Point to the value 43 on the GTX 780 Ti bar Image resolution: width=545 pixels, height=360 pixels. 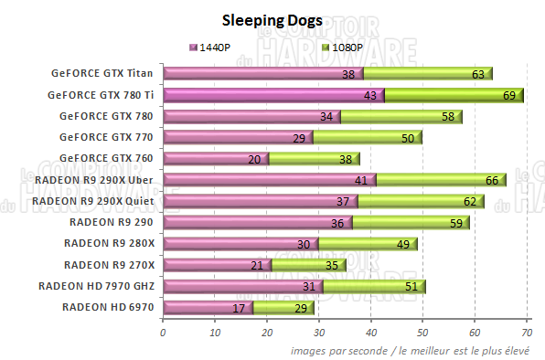pyautogui.click(x=370, y=95)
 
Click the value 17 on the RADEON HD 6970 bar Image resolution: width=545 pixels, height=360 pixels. pyautogui.click(x=238, y=307)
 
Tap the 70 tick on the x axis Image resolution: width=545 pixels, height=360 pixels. pyautogui.click(x=527, y=333)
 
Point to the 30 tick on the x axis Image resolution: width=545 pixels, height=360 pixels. pyautogui.click(x=318, y=333)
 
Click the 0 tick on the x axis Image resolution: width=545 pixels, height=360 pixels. pyautogui.click(x=163, y=333)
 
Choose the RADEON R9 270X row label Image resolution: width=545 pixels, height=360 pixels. pyautogui.click(x=109, y=265)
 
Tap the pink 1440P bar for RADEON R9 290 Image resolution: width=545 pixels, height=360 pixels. pyautogui.click(x=247, y=222)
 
